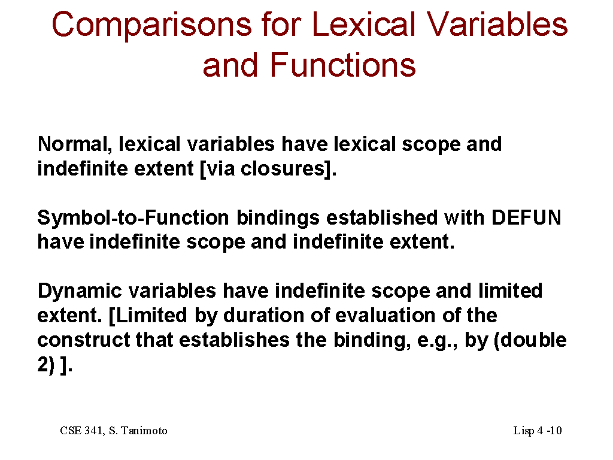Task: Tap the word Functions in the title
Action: click(x=342, y=65)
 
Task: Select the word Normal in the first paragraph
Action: click(x=72, y=144)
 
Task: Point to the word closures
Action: click(x=283, y=168)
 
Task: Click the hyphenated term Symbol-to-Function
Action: click(x=133, y=217)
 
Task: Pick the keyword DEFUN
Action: click(x=526, y=217)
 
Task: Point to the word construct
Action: click(x=84, y=340)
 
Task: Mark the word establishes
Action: click(x=234, y=340)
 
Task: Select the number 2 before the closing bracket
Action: click(x=43, y=365)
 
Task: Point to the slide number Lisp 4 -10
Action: click(x=538, y=431)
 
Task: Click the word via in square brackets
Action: click(x=220, y=168)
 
